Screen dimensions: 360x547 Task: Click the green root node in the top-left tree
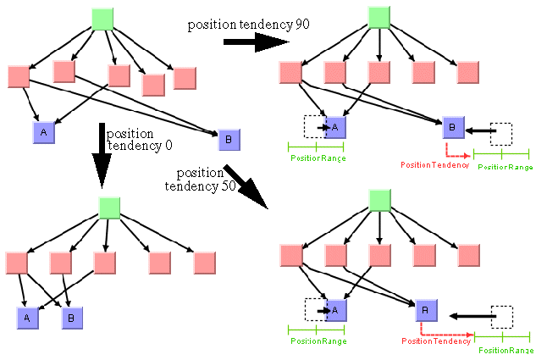coord(102,19)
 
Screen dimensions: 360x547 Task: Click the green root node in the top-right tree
coord(379,18)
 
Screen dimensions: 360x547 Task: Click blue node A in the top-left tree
coord(43,132)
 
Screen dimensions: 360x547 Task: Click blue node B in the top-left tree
coord(229,139)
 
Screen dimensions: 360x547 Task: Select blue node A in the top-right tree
coord(336,128)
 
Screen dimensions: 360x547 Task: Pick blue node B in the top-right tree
coord(454,128)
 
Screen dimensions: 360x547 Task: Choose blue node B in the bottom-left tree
coord(71,318)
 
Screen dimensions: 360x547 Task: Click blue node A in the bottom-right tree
coord(336,311)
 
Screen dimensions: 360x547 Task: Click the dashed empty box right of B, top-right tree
coord(502,133)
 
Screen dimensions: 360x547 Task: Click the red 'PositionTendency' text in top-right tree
coord(434,164)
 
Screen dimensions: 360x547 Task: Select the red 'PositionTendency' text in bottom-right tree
coord(435,341)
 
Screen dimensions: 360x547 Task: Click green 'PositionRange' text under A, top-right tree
coord(318,158)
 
